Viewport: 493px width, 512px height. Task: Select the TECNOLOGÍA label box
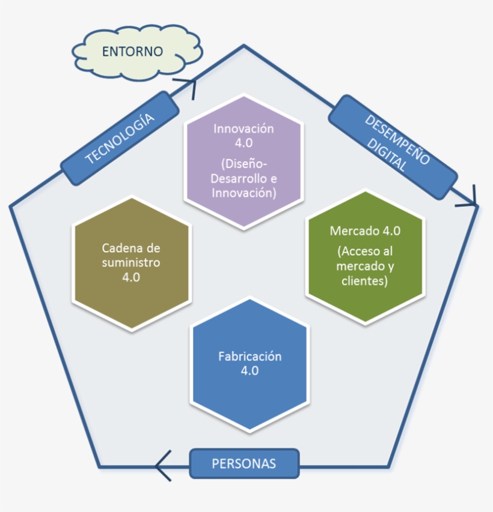click(120, 139)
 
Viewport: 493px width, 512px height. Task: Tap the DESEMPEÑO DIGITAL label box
click(393, 147)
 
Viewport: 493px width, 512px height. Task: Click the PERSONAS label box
click(243, 463)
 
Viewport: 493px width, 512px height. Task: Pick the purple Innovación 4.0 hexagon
click(243, 161)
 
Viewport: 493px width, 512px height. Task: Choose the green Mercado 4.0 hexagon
click(366, 257)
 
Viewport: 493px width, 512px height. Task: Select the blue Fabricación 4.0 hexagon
click(250, 364)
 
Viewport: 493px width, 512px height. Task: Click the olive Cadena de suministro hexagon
click(131, 263)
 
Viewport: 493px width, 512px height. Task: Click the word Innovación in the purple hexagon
click(243, 129)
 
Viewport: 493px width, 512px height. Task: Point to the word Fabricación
click(250, 357)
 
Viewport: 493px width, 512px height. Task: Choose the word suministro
click(131, 263)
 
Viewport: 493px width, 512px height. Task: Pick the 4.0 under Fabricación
click(250, 371)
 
